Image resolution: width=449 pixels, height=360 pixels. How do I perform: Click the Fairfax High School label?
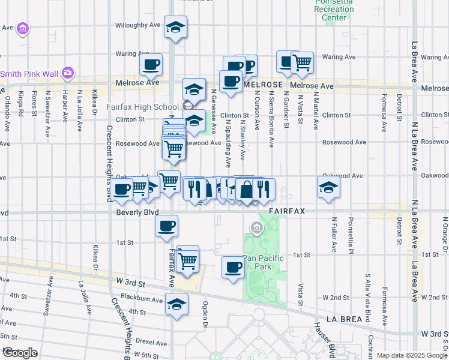click(x=143, y=107)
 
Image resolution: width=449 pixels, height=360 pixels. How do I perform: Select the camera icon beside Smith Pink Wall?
click(x=67, y=73)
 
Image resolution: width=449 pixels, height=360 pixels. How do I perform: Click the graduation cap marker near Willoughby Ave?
click(x=175, y=27)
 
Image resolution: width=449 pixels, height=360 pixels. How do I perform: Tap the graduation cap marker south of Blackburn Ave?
click(x=176, y=305)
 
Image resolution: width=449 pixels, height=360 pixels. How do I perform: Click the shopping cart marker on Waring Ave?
click(x=302, y=62)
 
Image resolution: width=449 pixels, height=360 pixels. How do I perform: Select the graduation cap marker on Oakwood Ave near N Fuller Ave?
click(x=328, y=187)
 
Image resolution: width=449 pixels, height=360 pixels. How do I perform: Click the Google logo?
click(x=19, y=352)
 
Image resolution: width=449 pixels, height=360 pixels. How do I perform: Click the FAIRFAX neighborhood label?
click(x=288, y=211)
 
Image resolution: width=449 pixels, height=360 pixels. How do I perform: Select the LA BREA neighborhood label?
click(x=347, y=319)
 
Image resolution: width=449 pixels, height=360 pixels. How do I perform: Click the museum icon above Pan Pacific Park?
click(x=257, y=228)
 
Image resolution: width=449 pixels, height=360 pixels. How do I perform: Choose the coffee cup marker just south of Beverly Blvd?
click(x=166, y=226)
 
